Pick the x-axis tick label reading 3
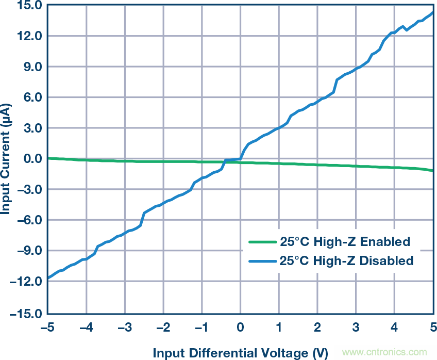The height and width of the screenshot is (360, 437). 356,327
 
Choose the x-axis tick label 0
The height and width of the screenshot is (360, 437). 240,327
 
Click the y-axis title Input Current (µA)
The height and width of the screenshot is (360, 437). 7,159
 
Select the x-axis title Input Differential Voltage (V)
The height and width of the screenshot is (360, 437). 240,353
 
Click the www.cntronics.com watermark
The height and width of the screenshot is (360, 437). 385,353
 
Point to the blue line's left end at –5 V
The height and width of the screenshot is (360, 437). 48,279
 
